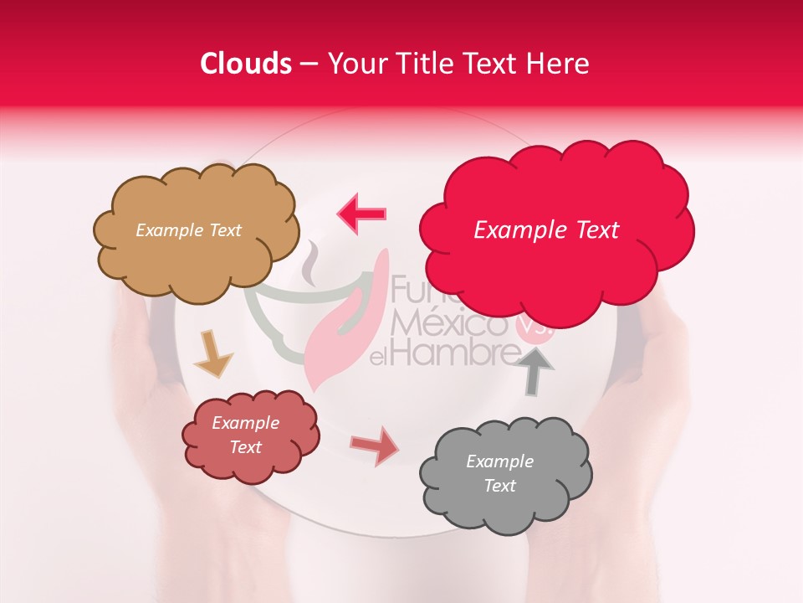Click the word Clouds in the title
click(246, 64)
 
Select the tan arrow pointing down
click(213, 353)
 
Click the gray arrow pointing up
click(537, 369)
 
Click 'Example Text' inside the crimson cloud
click(546, 230)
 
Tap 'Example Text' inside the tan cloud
click(188, 230)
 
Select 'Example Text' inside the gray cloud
click(499, 473)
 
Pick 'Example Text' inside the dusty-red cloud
click(245, 435)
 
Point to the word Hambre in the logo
click(457, 353)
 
